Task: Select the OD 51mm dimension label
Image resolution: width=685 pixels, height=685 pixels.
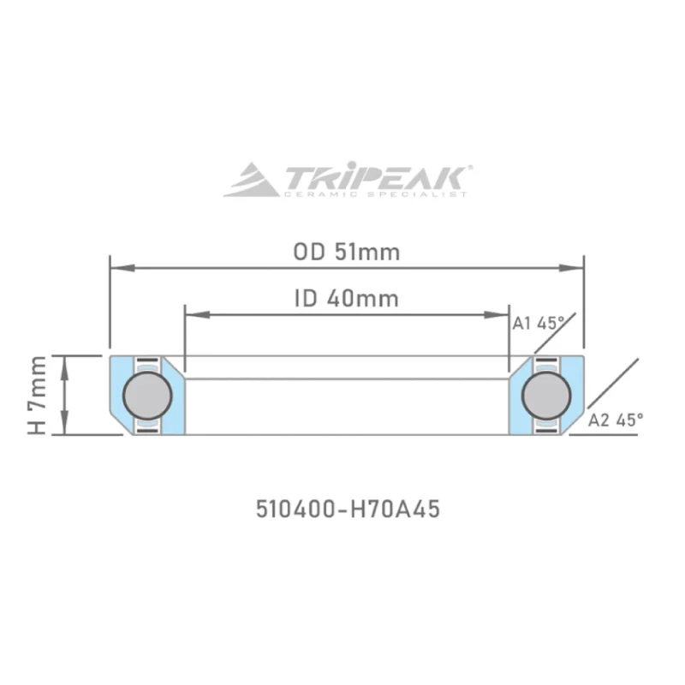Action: tap(346, 253)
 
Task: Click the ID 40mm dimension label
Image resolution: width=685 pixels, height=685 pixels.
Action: tap(346, 299)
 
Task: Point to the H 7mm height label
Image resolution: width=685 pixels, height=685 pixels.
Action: tap(37, 396)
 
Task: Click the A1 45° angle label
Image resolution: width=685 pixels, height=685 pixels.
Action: tap(538, 323)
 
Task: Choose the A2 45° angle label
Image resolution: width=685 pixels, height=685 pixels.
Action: tap(616, 420)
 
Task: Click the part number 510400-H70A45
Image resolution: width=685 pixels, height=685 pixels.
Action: tap(348, 509)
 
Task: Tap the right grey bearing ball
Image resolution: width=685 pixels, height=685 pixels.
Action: tap(545, 395)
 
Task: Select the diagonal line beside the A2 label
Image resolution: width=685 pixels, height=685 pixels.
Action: tap(613, 386)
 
